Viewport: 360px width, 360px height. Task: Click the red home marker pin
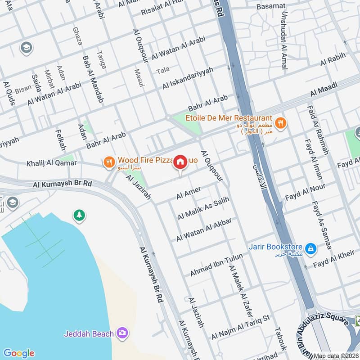[x=180, y=162]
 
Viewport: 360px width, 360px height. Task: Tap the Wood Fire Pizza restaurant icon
[x=108, y=162]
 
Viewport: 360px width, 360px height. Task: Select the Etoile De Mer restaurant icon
[x=280, y=122]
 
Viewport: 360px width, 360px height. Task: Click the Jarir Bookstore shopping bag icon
[x=310, y=248]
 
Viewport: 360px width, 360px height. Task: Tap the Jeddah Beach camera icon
[x=121, y=333]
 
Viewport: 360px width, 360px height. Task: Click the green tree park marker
[x=79, y=215]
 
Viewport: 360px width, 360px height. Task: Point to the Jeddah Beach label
[x=89, y=334]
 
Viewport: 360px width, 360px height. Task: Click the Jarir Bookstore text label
[x=276, y=247]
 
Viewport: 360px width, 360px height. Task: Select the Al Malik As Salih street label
[x=203, y=208]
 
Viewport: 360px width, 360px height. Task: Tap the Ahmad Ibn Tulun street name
[x=216, y=265]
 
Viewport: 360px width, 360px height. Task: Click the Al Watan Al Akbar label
[x=204, y=229]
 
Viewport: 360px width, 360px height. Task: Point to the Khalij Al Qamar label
[x=51, y=163]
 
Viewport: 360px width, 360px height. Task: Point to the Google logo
[x=18, y=353]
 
